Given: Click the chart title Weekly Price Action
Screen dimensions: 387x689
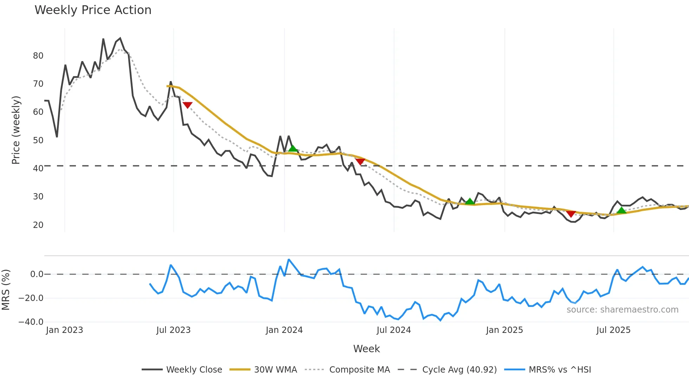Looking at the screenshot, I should click(x=93, y=10).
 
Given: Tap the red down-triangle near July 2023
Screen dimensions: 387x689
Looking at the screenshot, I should click(x=188, y=105).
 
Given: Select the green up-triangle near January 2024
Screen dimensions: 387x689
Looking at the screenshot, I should click(x=293, y=149).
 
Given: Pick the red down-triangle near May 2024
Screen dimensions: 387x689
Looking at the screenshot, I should click(x=360, y=162).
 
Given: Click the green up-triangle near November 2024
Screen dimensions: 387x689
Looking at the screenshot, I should click(x=470, y=201).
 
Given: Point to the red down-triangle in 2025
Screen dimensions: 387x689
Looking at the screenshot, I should click(x=571, y=214).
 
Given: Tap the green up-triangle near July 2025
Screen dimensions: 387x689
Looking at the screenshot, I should click(x=622, y=210).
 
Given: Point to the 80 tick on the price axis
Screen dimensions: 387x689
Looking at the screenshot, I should click(x=38, y=56).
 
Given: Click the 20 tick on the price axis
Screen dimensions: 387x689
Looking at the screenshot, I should click(x=38, y=225).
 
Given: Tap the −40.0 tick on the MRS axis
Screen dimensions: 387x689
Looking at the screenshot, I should click(x=31, y=322).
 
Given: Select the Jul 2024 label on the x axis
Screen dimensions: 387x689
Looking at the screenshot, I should click(x=394, y=330).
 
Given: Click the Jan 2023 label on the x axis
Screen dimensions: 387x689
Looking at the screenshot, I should click(x=64, y=330).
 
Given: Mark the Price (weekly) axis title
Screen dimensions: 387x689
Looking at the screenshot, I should click(x=16, y=130).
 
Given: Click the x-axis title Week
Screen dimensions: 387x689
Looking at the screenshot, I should click(x=366, y=349).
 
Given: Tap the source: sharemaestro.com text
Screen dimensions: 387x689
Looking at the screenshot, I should click(x=622, y=310).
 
